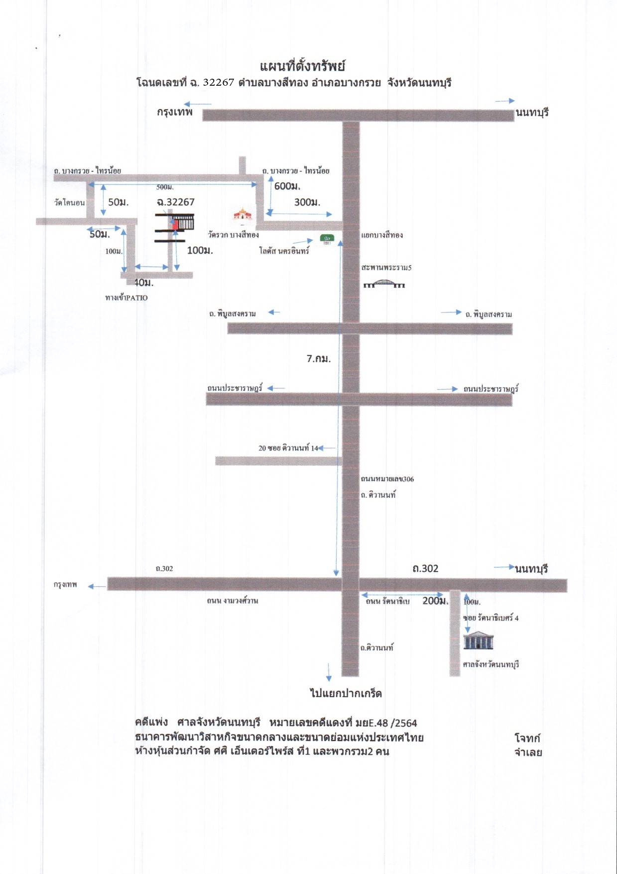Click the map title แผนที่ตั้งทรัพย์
pos(302,66)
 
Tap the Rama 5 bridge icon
pos(384,284)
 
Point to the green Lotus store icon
pos(327,239)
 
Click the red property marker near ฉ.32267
pos(175,224)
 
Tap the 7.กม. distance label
pos(319,358)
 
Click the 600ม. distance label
pos(287,186)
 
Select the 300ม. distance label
pos(307,202)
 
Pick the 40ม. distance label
pos(144,283)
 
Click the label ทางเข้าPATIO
pos(126,297)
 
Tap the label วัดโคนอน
pos(70,203)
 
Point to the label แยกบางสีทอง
pos(382,235)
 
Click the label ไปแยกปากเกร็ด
pos(346,693)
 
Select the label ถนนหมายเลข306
pos(387,479)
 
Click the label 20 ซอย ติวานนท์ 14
pos(288,448)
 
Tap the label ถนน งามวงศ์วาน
pos(233,600)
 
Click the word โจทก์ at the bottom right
pos(527,738)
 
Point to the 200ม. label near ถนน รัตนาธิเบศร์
pos(435,601)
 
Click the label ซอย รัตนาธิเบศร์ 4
pos(491,618)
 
